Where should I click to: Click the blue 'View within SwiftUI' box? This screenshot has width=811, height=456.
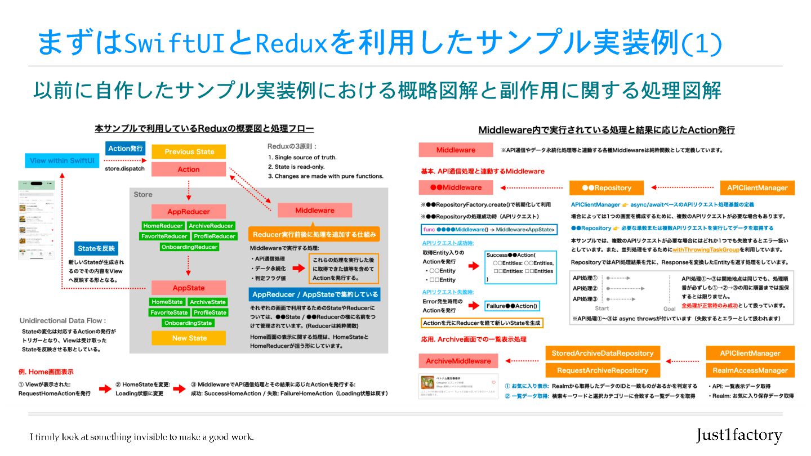[x=62, y=160]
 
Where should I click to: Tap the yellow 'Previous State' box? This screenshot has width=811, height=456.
[x=189, y=151]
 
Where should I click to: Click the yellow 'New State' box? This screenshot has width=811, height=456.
[x=189, y=338]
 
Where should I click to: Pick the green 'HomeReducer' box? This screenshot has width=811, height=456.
[x=163, y=226]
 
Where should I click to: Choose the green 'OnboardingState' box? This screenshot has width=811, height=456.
[x=188, y=323]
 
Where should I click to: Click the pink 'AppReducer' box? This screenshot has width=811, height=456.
[x=189, y=212]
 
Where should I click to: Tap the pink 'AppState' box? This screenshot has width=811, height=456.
[x=189, y=288]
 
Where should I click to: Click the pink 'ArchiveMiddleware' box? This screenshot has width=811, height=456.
[x=458, y=361]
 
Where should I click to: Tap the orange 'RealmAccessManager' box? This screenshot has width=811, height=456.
[x=750, y=370]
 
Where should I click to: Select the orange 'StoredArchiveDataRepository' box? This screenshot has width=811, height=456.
[x=602, y=353]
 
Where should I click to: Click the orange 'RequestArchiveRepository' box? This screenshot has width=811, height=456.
[x=602, y=370]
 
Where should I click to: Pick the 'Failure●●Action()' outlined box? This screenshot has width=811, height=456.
[x=512, y=306]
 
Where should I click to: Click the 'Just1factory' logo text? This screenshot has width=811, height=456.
[x=739, y=435]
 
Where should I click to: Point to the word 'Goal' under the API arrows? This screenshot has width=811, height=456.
[x=669, y=309]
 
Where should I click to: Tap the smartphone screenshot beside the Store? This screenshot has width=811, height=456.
[x=37, y=220]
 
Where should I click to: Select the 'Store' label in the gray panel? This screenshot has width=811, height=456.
[x=143, y=194]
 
